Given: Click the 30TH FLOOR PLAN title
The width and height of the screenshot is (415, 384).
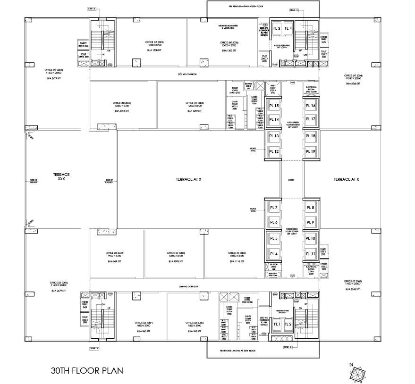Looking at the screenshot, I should click(x=87, y=370).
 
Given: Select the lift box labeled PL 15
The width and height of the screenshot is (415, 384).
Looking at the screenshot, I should click(x=274, y=106).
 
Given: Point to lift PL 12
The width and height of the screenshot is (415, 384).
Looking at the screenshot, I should click(x=274, y=151).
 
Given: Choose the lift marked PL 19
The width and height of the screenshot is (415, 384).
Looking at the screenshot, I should click(x=310, y=151).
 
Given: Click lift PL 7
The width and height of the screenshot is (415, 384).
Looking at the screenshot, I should click(x=274, y=208).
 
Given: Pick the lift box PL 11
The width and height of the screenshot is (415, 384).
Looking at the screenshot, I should click(x=310, y=254).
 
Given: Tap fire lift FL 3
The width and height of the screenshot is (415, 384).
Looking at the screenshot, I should click(x=276, y=29).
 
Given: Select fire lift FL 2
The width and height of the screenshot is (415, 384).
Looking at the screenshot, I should click(x=288, y=324).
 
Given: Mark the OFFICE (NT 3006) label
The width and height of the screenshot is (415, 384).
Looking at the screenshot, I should click(x=122, y=103).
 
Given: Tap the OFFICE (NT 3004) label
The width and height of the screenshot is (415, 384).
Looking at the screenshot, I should click(x=353, y=75).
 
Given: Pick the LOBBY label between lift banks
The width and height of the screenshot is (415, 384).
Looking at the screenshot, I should click(x=291, y=180).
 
